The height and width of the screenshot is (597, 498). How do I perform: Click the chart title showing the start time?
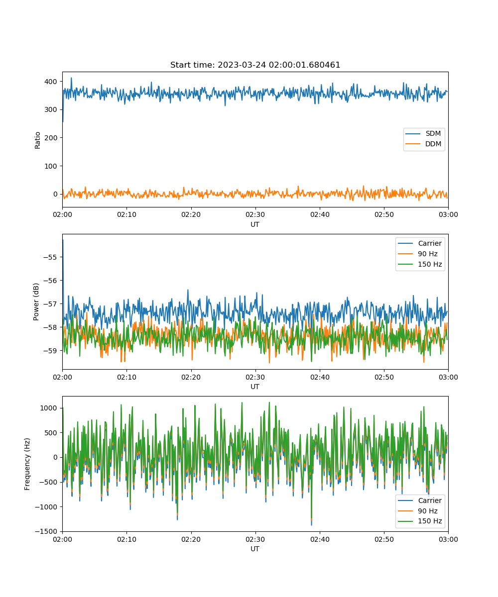255,65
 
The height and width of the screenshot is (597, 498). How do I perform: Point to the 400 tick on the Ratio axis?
51,82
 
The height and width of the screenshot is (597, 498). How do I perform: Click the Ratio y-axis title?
37,140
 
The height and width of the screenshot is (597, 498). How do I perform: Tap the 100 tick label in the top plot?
51,166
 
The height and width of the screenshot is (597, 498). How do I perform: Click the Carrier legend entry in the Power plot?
420,243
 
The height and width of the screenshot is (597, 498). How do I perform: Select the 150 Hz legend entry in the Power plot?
420,264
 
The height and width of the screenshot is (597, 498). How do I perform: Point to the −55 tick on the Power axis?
50,257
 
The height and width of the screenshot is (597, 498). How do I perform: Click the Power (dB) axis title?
36,301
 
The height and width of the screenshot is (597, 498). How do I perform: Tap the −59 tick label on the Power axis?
50,351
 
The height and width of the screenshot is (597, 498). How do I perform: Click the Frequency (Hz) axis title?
27,464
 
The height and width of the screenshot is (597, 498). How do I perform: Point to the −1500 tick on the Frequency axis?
46,531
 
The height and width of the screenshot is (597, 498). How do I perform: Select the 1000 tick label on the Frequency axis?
49,408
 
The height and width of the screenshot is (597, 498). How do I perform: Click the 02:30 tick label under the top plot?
255,214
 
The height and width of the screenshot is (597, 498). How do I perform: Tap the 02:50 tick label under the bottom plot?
384,539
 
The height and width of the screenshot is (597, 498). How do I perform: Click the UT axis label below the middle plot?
254,387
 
